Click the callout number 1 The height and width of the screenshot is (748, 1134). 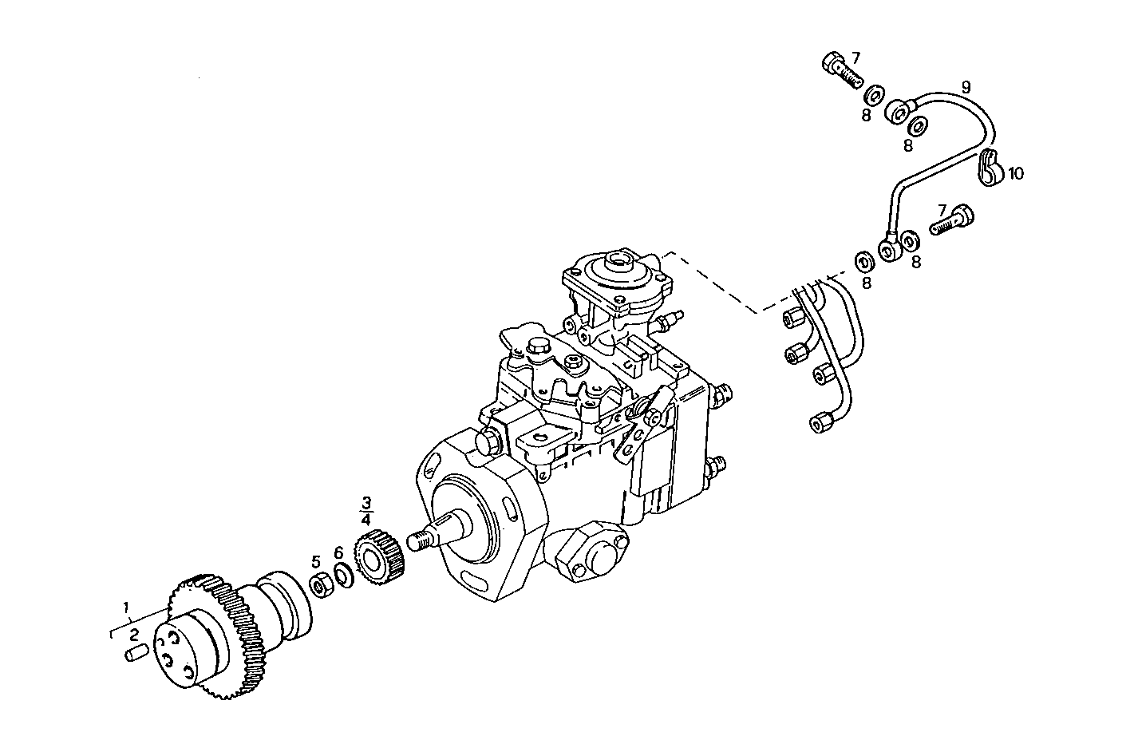126,608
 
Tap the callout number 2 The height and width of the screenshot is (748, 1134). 134,635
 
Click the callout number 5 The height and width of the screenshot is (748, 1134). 316,560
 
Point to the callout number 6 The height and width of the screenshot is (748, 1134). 338,552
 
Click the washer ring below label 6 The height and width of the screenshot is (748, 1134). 343,575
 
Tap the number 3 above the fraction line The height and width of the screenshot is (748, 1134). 366,502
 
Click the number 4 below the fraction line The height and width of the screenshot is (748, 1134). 366,519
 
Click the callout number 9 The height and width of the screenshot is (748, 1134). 966,85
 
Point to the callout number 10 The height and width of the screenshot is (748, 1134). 1016,172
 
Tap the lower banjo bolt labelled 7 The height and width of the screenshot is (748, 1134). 953,216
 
